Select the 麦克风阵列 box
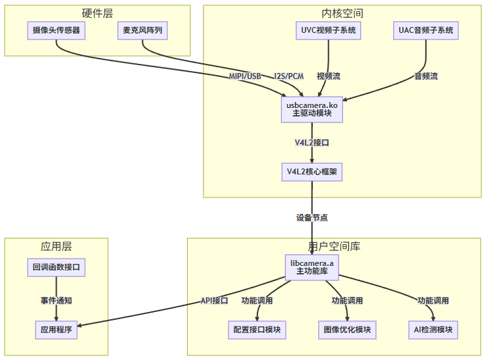(x=142, y=30)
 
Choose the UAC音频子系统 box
(x=426, y=30)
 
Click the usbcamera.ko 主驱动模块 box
(x=312, y=109)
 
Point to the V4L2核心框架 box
(x=312, y=172)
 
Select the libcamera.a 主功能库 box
(x=312, y=267)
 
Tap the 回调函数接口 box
(x=56, y=267)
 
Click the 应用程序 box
(x=56, y=328)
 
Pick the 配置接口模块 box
(x=257, y=328)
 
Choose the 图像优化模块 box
(x=347, y=328)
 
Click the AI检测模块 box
(x=433, y=328)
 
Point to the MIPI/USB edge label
(x=245, y=76)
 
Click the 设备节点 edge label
(x=312, y=217)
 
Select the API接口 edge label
(x=214, y=301)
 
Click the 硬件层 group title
(x=97, y=13)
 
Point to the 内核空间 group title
(x=342, y=13)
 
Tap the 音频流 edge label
(x=425, y=76)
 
